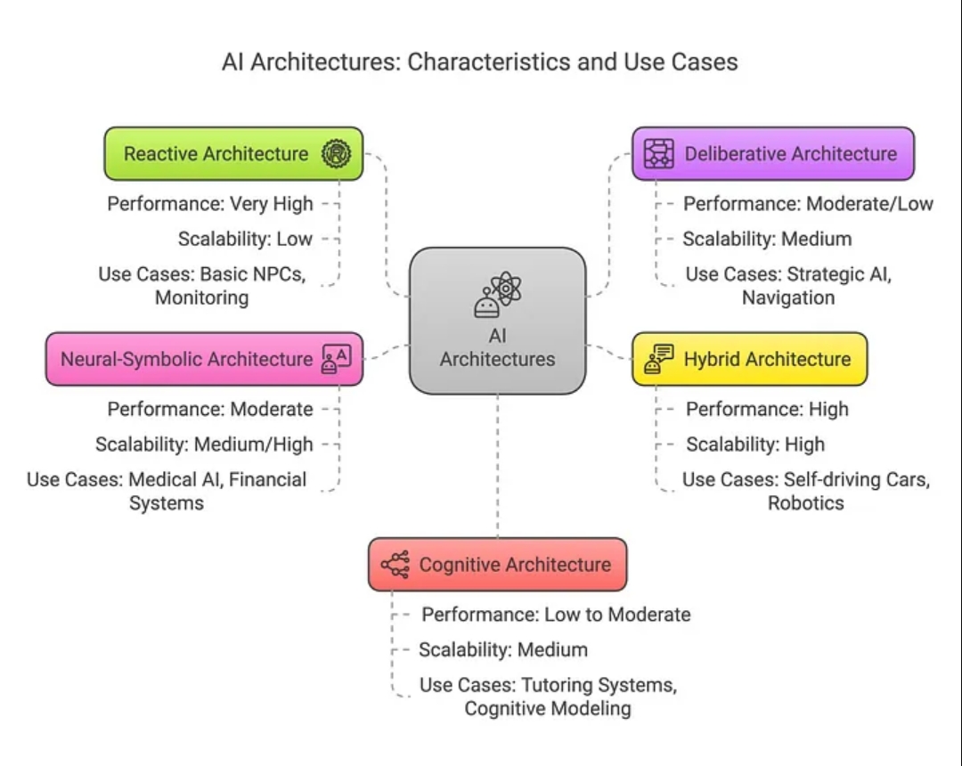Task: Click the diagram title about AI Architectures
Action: [x=480, y=62]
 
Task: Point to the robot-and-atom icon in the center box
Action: [x=497, y=296]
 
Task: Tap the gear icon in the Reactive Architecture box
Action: [x=336, y=154]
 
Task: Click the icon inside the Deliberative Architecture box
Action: [x=659, y=154]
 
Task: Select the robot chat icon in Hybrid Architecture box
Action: [x=659, y=359]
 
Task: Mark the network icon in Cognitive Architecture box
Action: [x=395, y=565]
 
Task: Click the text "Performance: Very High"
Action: [x=210, y=204]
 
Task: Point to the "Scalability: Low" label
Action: [x=245, y=239]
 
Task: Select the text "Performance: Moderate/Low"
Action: [x=808, y=204]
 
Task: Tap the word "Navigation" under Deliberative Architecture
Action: [x=788, y=297]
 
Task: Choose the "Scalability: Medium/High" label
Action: [x=204, y=444]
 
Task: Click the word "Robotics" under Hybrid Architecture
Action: [x=806, y=502]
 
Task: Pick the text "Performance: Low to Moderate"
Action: [x=556, y=615]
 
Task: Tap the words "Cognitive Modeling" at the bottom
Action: [x=547, y=709]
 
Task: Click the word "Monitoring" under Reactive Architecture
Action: [x=201, y=297]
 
